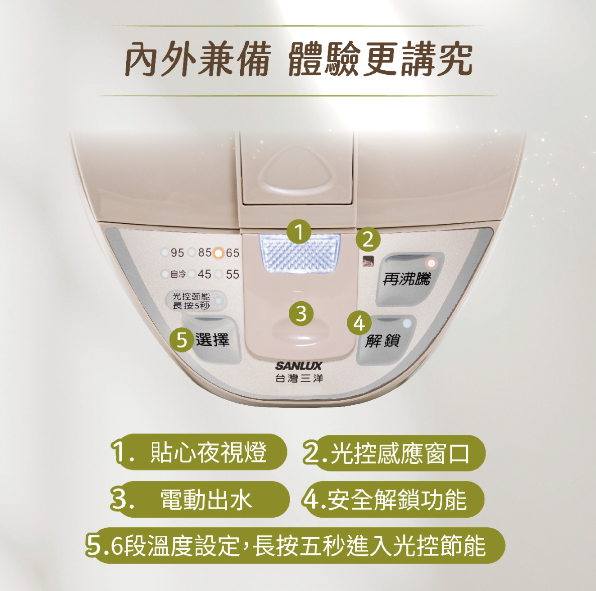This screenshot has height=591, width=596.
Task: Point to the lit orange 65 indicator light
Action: tap(218, 253)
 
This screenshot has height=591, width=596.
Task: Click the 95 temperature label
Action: tap(177, 253)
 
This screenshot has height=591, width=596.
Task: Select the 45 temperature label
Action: tap(205, 274)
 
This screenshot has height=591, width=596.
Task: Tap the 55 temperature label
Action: tap(233, 274)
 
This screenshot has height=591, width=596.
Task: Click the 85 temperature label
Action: tap(205, 252)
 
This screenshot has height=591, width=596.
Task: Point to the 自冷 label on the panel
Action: tap(178, 274)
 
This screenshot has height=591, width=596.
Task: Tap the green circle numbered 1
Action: tap(299, 232)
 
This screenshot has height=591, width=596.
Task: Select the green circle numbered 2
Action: tap(368, 240)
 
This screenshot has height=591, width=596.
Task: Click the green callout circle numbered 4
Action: tap(359, 323)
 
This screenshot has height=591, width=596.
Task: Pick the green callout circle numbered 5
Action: tap(182, 339)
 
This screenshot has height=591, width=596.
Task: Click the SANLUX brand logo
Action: tap(299, 366)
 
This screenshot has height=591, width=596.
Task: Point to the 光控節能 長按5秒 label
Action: tap(191, 301)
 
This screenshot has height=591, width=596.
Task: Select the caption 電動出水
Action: tap(207, 500)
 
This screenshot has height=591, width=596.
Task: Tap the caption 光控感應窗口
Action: tap(400, 453)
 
